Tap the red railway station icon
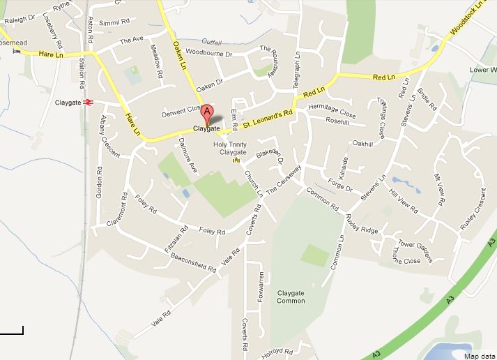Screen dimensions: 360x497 coord(89,103)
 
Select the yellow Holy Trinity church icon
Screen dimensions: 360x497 coord(236,160)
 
